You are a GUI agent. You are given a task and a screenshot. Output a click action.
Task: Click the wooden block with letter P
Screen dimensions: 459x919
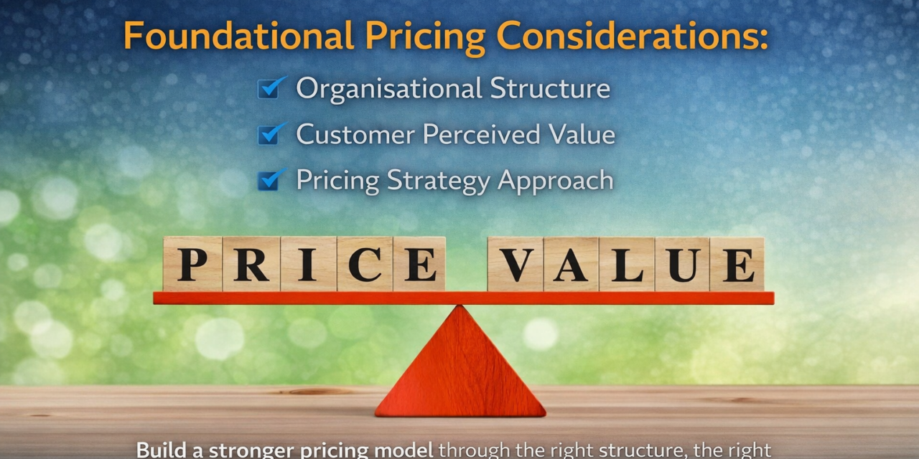tap(192, 264)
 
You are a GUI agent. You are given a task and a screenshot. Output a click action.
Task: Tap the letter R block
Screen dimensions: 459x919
tap(251, 264)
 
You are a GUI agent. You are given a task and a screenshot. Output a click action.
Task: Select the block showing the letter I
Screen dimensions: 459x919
tap(308, 264)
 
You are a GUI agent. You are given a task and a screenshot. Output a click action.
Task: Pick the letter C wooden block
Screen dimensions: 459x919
tap(364, 264)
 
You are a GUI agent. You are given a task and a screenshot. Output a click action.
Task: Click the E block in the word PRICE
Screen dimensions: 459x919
tap(419, 264)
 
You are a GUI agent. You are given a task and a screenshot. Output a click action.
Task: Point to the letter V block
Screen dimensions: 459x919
tap(516, 264)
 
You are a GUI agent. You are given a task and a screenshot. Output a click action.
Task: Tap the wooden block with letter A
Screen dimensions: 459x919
tap(571, 264)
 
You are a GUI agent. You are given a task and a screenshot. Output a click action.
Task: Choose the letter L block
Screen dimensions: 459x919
tap(627, 264)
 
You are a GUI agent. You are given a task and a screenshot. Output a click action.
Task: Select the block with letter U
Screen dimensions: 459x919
tap(682, 264)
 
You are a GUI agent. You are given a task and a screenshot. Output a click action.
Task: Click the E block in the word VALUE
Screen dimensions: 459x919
tap(737, 264)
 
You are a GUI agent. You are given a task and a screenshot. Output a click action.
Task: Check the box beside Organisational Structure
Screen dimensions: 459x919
tap(269, 89)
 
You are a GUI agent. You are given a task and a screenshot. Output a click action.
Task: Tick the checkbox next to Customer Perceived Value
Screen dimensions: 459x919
tap(269, 134)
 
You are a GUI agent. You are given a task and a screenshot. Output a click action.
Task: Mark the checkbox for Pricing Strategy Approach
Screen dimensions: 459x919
tap(269, 180)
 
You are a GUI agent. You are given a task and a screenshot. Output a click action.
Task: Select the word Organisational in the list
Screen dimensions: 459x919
tap(388, 88)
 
